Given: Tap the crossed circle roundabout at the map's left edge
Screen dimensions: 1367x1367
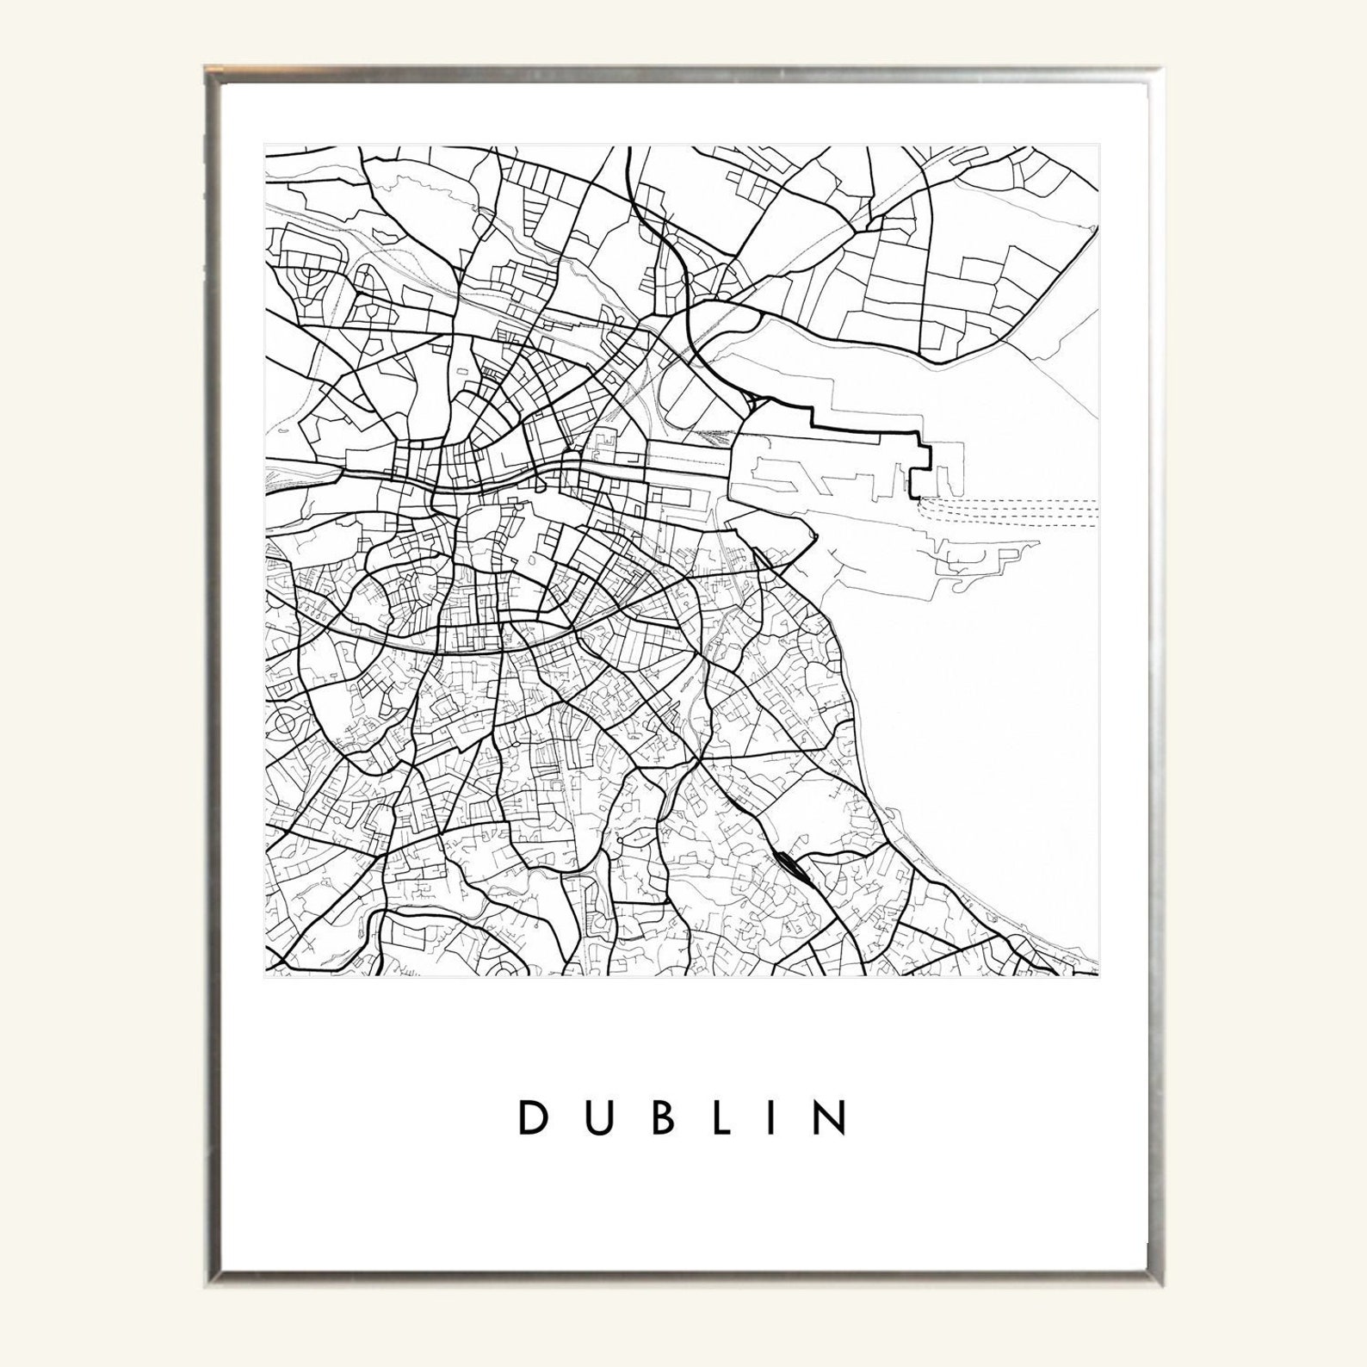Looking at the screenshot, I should point(281,723).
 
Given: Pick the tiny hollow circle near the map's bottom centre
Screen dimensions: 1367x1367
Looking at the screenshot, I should point(619,837).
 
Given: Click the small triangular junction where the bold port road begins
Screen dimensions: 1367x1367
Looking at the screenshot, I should point(758,401).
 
